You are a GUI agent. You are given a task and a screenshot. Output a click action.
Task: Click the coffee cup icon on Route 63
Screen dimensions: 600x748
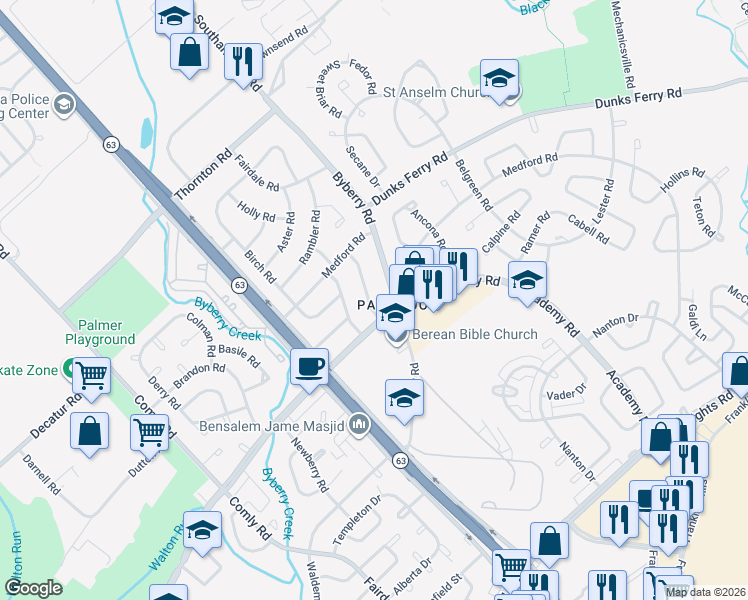tap(310, 366)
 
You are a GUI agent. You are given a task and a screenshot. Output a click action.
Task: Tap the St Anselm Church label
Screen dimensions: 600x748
tap(434, 92)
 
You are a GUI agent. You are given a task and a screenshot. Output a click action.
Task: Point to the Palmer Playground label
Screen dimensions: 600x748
tap(100, 332)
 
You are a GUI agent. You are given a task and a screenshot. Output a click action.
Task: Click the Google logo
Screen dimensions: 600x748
tap(33, 588)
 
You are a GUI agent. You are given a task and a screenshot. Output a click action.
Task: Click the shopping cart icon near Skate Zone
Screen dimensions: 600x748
tap(91, 377)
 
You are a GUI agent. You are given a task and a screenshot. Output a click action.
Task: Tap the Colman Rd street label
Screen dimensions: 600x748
tap(200, 334)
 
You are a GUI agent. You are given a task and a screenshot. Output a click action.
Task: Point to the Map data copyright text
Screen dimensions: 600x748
tap(705, 592)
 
